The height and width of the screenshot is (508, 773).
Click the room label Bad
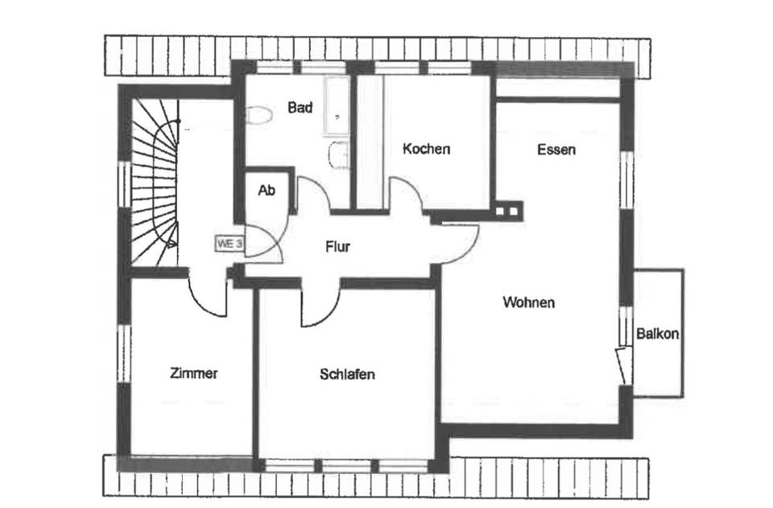tap(300, 107)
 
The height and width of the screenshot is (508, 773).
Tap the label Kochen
tap(426, 149)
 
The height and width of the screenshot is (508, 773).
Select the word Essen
tap(556, 149)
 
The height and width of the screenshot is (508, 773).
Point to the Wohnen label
tap(528, 303)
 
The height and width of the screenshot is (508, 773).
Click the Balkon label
tap(657, 333)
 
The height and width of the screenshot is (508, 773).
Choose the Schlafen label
tap(347, 374)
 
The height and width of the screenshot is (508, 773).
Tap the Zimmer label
tap(194, 374)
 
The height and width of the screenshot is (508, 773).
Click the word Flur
tap(337, 247)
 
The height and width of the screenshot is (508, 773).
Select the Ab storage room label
tap(267, 191)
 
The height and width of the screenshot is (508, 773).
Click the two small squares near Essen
tap(508, 212)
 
